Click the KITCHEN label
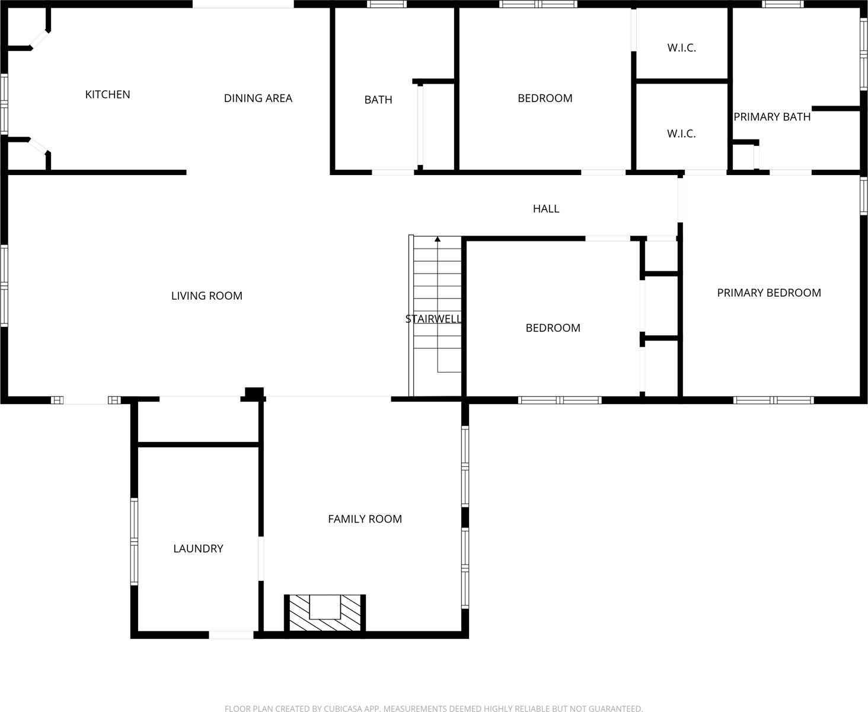pos(107,94)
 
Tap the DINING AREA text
pos(258,98)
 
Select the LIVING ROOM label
pos(206,295)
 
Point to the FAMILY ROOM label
pos(365,519)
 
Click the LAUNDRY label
pos(198,549)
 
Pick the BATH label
pos(378,100)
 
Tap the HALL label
pos(545,209)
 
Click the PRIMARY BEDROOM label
pos(769,293)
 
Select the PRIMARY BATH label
pos(772,117)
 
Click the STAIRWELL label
pos(433,319)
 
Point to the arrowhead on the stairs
pos(438,239)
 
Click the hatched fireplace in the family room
pos(325,612)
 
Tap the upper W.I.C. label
pos(681,48)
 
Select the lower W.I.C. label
pos(681,134)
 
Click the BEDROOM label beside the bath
pos(545,98)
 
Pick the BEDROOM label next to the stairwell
pos(553,328)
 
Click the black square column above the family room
pos(254,393)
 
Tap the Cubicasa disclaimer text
pos(433,708)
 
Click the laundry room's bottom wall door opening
pos(231,635)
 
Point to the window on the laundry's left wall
pos(134,542)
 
